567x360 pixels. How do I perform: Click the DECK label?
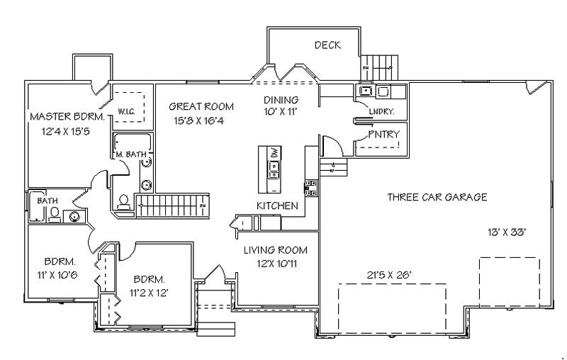point(327,45)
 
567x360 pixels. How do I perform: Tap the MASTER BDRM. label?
point(67,116)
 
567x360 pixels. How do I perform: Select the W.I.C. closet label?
point(128,111)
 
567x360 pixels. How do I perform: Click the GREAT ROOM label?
point(201,106)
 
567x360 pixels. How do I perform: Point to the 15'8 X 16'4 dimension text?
point(201,120)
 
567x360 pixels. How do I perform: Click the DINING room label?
point(281,100)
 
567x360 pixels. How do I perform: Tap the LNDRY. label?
point(381,112)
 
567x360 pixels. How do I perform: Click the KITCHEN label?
point(277,206)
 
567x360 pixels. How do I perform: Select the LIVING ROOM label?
point(276,250)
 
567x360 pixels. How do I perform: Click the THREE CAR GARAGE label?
point(437,197)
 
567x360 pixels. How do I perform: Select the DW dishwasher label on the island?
point(273,152)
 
